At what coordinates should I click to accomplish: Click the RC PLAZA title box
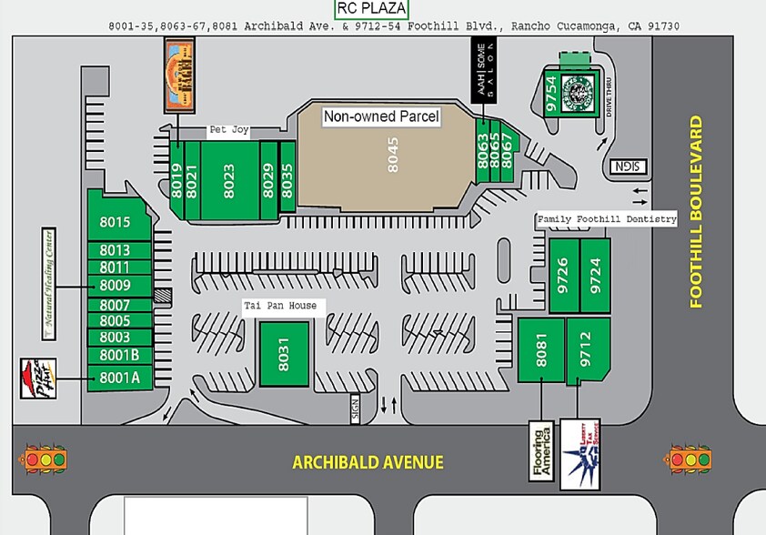click(371, 9)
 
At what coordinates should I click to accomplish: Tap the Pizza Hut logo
click(33, 378)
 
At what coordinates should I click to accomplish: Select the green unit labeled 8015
click(116, 222)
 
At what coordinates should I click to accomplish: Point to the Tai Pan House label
click(279, 306)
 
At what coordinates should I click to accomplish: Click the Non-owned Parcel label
click(381, 116)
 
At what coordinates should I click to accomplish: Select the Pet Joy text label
click(228, 130)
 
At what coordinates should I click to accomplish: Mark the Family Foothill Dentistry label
click(607, 219)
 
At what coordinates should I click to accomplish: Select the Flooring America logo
click(541, 451)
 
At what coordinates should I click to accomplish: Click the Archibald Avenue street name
click(368, 462)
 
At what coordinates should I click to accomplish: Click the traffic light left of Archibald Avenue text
click(46, 459)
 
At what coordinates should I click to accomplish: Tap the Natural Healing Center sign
click(49, 282)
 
